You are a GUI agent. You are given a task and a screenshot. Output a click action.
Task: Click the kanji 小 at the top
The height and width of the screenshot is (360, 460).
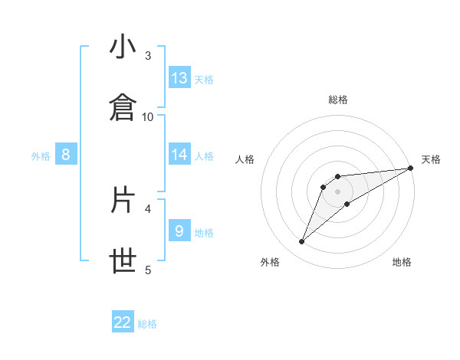point(123,47)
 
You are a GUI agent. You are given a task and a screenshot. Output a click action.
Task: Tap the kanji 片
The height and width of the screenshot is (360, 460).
point(123,200)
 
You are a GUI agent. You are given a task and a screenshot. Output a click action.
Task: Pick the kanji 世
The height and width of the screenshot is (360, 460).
point(123,261)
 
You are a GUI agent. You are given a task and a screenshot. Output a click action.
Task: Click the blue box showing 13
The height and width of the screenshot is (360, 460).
point(179,78)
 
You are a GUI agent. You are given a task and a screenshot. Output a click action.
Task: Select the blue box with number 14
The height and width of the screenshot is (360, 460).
point(179,155)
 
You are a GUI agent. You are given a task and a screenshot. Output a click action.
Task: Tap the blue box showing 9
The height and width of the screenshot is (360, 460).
point(179,231)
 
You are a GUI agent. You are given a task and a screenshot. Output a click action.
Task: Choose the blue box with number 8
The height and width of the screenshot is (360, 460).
point(66,155)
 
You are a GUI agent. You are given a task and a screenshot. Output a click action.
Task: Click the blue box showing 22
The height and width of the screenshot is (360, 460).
point(123,322)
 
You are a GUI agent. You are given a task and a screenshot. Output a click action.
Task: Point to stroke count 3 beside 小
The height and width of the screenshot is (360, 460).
point(148,55)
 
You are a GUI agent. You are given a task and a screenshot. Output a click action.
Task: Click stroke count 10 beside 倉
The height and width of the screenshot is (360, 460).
point(148,116)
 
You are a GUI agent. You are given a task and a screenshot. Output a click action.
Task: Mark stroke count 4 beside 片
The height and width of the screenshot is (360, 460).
point(148,208)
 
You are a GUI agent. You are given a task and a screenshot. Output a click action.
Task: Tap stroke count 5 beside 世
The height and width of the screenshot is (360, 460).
point(148,269)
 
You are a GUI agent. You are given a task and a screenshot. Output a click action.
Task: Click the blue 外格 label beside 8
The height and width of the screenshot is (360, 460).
point(41,155)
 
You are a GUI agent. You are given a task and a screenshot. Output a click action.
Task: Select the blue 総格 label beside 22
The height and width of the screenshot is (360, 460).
point(147,324)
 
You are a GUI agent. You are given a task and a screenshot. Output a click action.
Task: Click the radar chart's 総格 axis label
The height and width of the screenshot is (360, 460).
point(338,100)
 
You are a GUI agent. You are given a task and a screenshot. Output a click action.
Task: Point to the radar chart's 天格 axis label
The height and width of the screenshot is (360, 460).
point(431,159)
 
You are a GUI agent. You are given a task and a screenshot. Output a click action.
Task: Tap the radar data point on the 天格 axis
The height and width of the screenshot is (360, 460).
point(410,168)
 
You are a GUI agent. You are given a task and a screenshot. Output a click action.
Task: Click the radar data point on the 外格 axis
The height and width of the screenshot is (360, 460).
point(301,242)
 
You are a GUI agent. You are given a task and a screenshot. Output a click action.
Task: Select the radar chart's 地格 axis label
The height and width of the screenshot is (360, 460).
point(402,262)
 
